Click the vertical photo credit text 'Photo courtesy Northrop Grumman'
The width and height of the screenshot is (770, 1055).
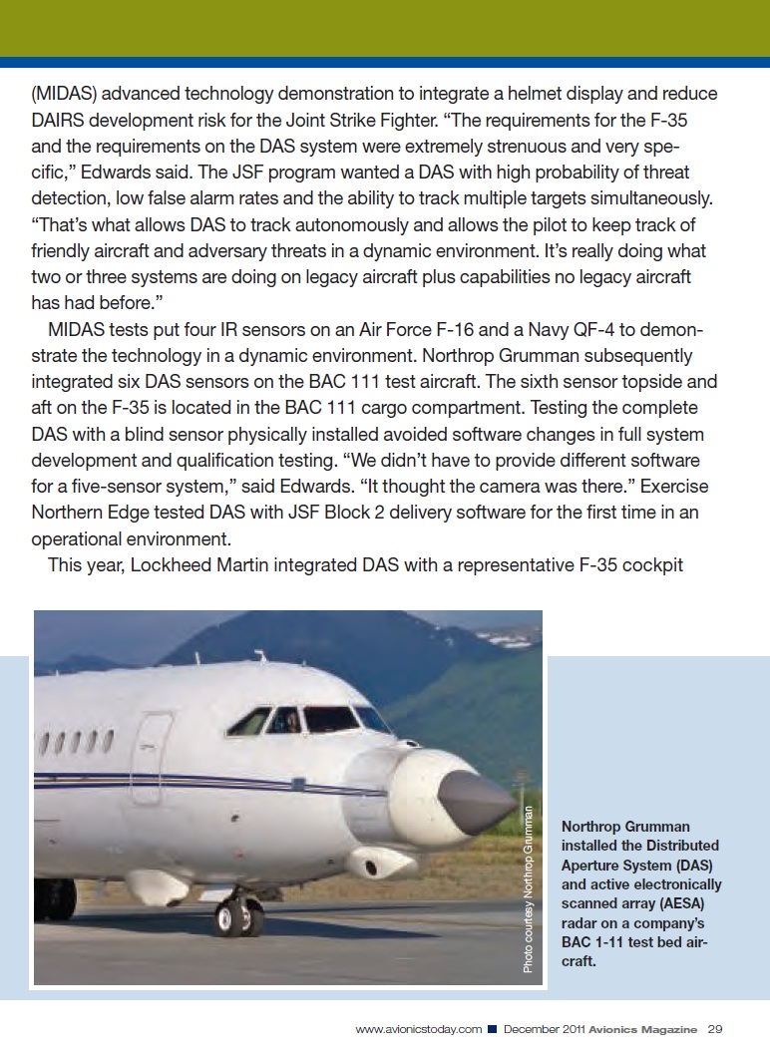click(x=529, y=887)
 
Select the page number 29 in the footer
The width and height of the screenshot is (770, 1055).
click(x=715, y=1029)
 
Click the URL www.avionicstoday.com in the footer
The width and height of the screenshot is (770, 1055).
click(x=419, y=1029)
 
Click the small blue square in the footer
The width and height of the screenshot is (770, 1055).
click(x=493, y=1029)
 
